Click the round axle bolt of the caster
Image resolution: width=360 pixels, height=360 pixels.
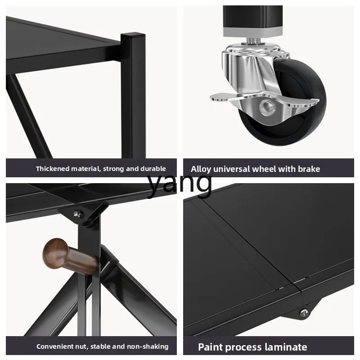pyautogui.click(x=267, y=107)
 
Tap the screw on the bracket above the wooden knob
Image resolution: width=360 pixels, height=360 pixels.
pyautogui.click(x=78, y=214)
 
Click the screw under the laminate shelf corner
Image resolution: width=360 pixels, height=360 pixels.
pyautogui.click(x=304, y=313)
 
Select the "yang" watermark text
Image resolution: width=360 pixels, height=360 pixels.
pyautogui.click(x=179, y=185)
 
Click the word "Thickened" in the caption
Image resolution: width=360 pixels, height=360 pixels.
pyautogui.click(x=53, y=169)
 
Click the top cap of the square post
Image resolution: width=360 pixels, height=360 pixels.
pyautogui.click(x=133, y=36)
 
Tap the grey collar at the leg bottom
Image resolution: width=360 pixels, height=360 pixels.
pyautogui.click(x=252, y=32)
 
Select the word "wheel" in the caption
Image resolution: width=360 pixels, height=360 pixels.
pyautogui.click(x=264, y=169)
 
